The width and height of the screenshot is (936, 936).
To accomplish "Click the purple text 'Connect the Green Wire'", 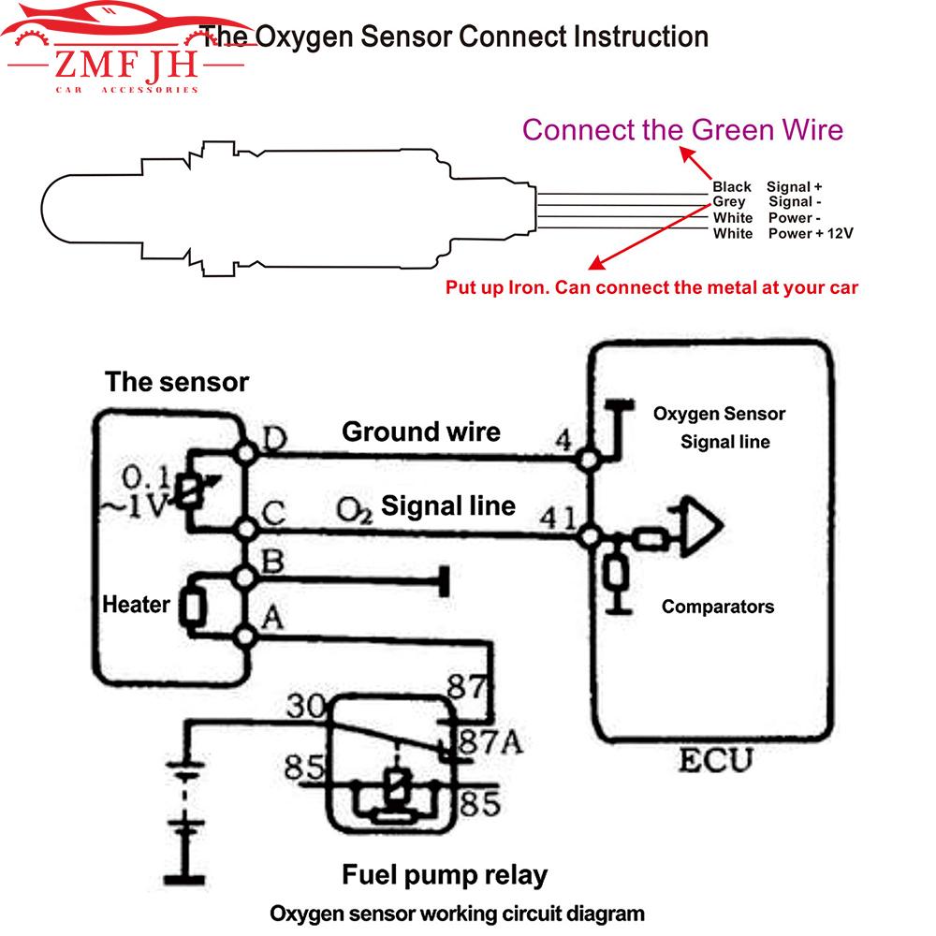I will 682,129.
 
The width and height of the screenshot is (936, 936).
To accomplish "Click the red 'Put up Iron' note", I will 651,288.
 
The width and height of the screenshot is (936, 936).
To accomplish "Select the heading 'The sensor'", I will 177,382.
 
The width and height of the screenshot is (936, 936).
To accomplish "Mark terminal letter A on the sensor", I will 271,616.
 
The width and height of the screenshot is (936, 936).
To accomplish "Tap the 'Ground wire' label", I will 421,431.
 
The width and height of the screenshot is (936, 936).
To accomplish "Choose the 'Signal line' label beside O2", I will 448,506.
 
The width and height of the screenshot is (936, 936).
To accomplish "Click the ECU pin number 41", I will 558,518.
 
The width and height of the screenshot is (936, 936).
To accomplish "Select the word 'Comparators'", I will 718,607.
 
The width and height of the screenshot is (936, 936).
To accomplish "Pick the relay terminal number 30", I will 305,707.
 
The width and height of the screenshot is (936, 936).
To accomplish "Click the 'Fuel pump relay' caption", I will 445,875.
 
